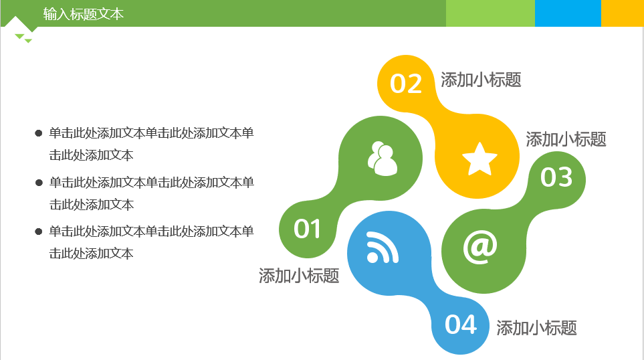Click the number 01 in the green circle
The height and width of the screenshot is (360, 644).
coord(307,229)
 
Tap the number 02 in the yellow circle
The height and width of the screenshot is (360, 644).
coord(406,84)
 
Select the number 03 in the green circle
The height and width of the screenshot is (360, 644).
coord(556,177)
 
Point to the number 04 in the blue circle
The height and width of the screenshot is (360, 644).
coord(460,325)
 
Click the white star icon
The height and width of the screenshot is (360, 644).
coord(479,159)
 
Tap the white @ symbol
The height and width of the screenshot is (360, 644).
coord(480,246)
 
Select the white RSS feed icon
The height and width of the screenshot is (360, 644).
coord(383,247)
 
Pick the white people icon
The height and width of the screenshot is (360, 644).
coord(383,159)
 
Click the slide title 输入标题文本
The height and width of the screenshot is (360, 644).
coord(84,14)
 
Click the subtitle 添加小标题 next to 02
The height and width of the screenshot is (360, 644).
coord(481,80)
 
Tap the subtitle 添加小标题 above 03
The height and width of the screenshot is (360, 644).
coord(566,139)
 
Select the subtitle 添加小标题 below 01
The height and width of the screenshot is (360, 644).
coord(299,276)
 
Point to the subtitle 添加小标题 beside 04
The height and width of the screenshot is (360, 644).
coord(536,328)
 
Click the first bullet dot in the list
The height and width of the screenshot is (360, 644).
coord(39,133)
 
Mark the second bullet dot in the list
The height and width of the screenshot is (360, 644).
coord(39,183)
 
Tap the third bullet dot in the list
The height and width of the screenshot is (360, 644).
coord(39,232)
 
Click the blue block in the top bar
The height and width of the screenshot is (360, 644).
coord(568,13)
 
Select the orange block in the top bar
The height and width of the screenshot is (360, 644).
coord(623,13)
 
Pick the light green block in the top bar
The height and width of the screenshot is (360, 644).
coord(490,13)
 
